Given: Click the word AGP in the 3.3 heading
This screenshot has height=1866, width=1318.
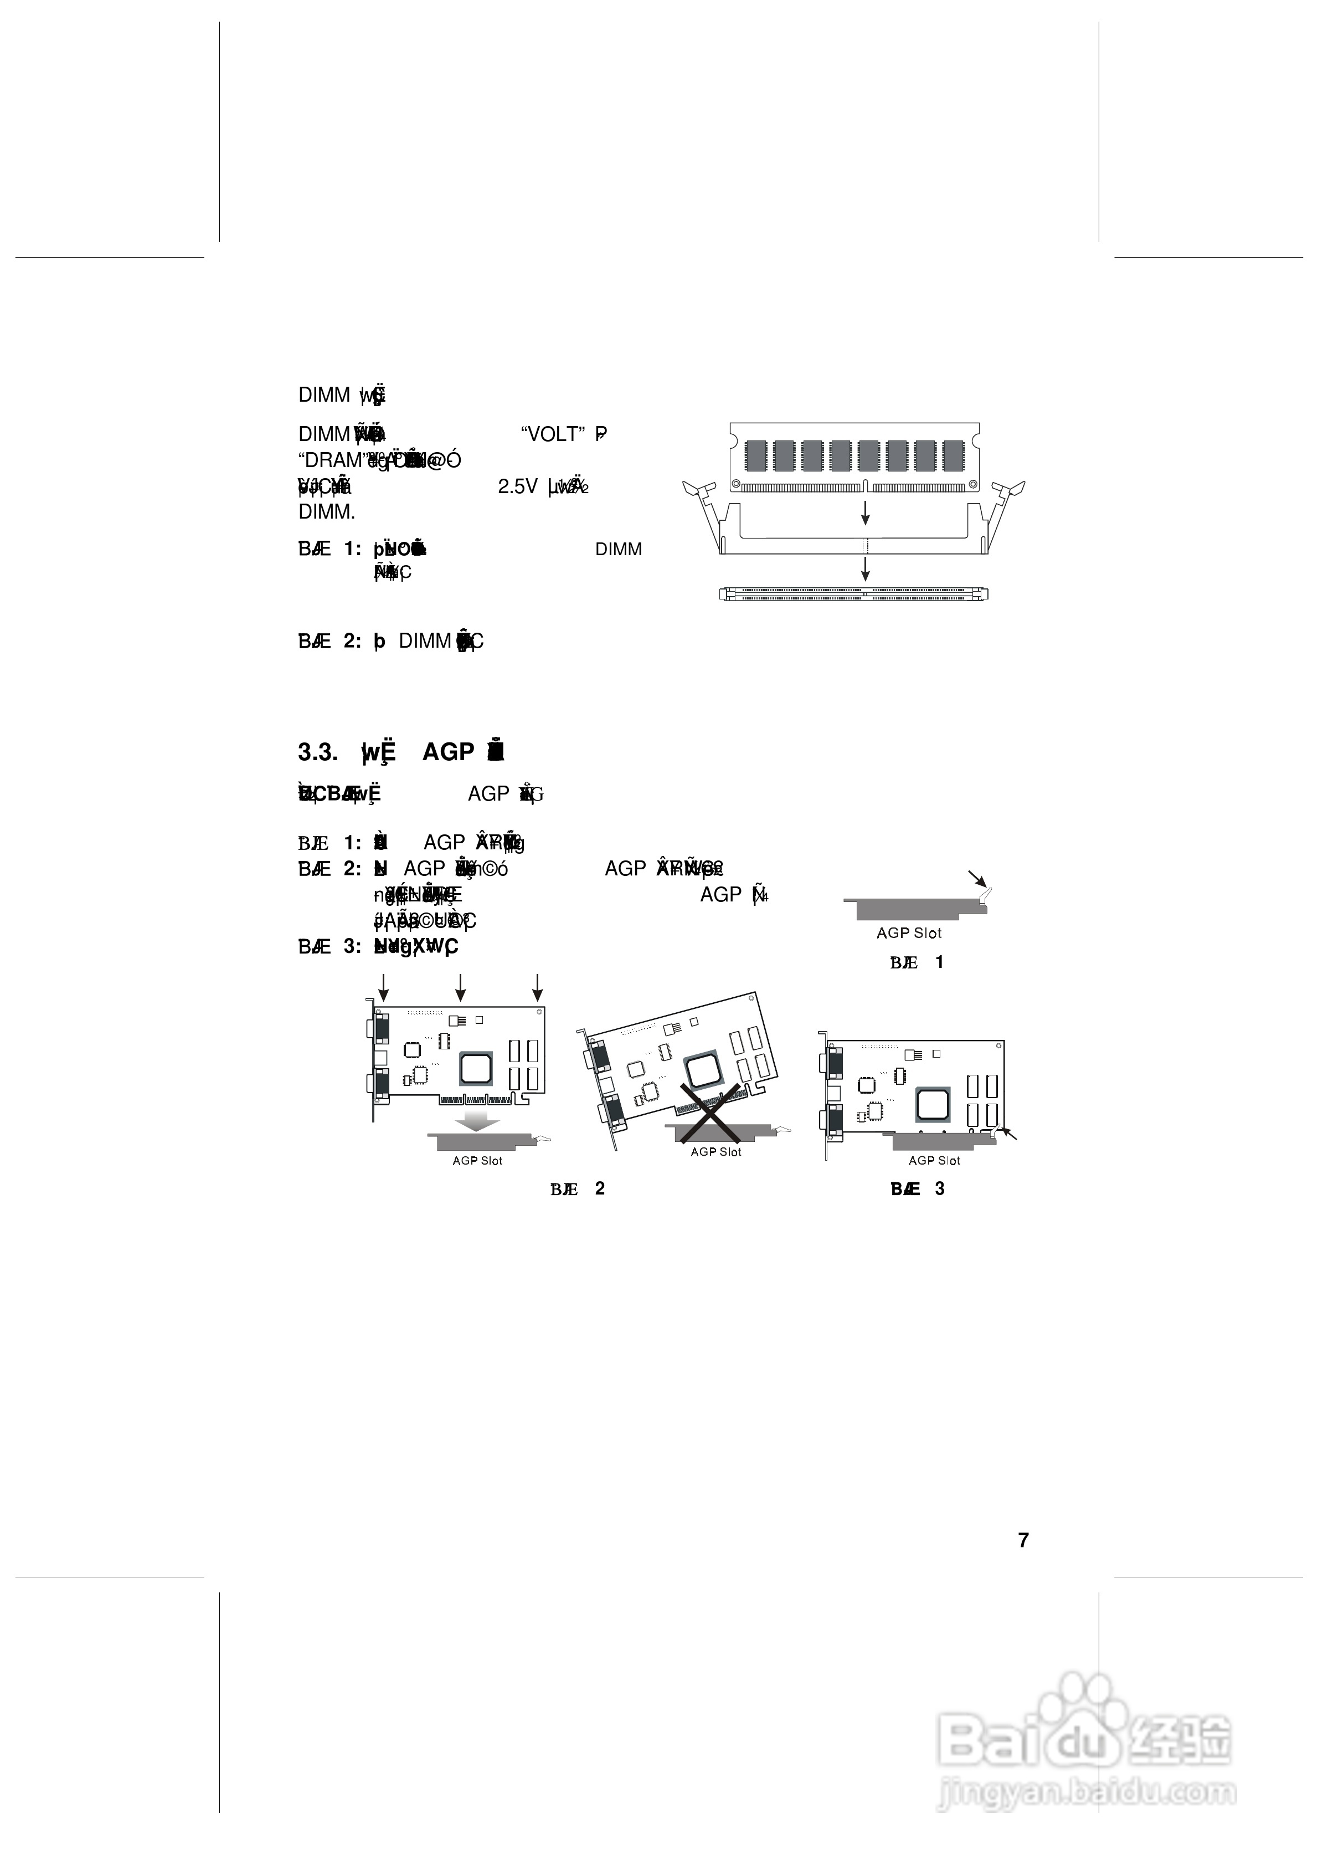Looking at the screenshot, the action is click(x=447, y=752).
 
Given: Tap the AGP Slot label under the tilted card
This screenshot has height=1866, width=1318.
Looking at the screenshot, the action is click(x=716, y=1152).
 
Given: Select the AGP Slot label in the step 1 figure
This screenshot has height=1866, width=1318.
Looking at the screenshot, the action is click(x=908, y=933).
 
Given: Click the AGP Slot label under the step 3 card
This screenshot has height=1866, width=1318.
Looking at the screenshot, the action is click(x=934, y=1161).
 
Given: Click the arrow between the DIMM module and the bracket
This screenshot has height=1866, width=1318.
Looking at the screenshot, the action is click(x=866, y=512).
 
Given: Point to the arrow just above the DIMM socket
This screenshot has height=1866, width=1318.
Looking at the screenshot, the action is click(x=866, y=568).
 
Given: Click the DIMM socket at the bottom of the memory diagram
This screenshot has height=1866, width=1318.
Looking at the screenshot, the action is click(x=853, y=594).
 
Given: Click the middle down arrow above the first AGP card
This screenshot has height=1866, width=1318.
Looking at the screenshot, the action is click(x=461, y=987).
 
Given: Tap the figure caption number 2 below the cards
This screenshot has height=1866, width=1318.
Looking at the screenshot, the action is click(x=600, y=1188).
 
